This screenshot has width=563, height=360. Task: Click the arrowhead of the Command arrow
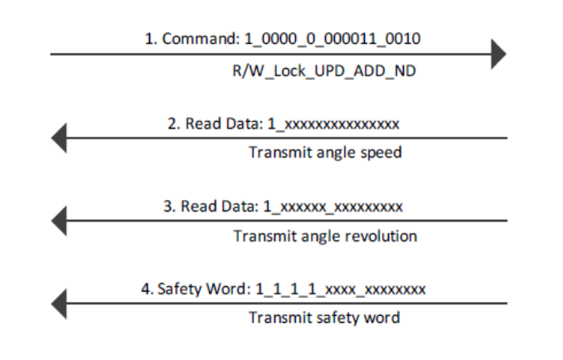click(498, 55)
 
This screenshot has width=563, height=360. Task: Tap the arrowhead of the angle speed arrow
click(58, 138)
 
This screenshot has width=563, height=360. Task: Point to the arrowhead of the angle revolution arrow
click(58, 221)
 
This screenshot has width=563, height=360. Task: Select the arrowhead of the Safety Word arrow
click(58, 303)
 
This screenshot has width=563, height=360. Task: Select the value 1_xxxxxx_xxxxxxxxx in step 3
click(333, 206)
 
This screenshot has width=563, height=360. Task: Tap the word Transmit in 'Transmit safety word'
click(275, 318)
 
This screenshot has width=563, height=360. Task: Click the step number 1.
click(149, 39)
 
